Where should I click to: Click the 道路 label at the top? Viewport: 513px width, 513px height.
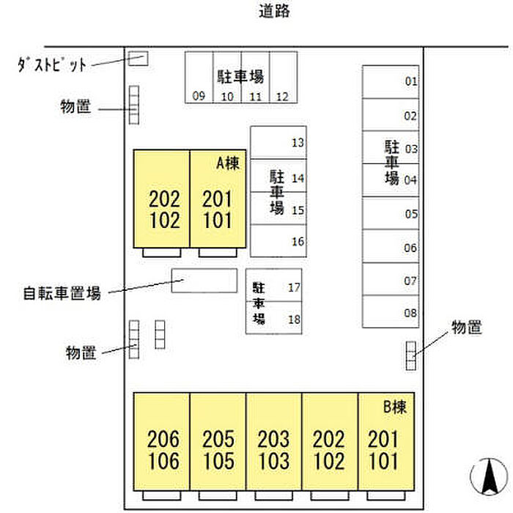(274, 11)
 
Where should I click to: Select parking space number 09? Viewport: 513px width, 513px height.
(198, 77)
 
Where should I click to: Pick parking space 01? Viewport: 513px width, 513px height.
(391, 81)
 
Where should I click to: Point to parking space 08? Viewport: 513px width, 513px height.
(391, 311)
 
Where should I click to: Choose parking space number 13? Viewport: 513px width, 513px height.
(278, 143)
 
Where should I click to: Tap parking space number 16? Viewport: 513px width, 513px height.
(278, 240)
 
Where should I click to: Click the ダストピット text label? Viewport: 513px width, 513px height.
(52, 64)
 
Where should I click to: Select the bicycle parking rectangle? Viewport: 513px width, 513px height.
(204, 281)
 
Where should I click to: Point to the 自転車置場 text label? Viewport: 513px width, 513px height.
(61, 294)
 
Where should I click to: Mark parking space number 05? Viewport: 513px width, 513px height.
(391, 214)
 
